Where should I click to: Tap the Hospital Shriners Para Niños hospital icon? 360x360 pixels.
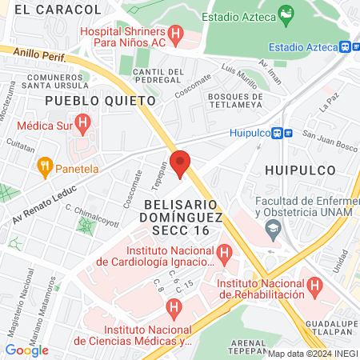177,34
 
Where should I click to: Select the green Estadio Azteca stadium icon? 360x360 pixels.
285,15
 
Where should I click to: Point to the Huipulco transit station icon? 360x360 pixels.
276,134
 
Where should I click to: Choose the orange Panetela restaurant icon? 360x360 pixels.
45,168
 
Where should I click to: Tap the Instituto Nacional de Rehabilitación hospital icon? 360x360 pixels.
314,285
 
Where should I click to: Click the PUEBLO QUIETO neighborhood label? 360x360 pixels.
100,101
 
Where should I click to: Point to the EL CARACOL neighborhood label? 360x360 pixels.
58,9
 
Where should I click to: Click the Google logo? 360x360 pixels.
26,350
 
